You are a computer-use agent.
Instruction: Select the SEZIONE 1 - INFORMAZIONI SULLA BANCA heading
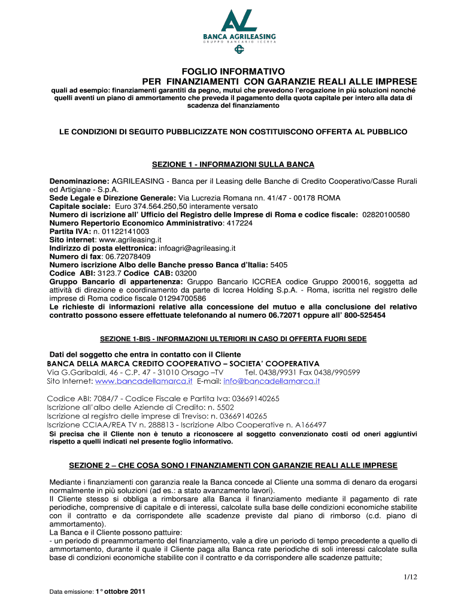(233, 164)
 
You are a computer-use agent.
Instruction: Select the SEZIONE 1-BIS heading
(233, 339)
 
